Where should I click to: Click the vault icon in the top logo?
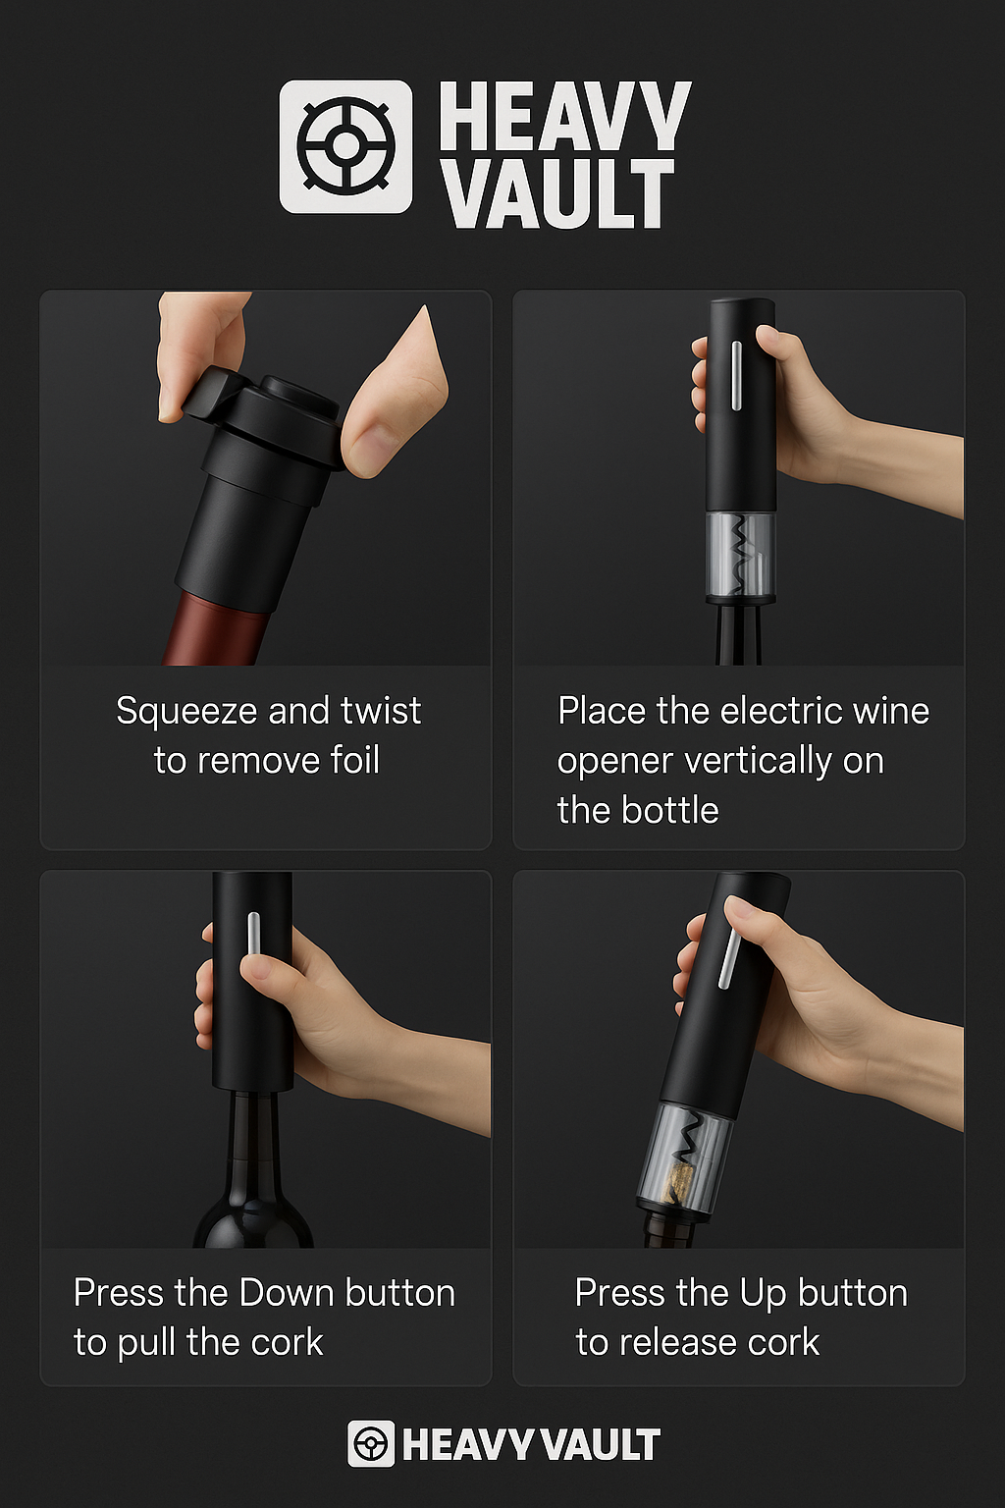[345, 146]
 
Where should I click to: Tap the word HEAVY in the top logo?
[564, 115]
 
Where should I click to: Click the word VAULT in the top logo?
[556, 194]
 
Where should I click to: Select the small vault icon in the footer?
[371, 1443]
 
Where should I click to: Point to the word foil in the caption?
[354, 761]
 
